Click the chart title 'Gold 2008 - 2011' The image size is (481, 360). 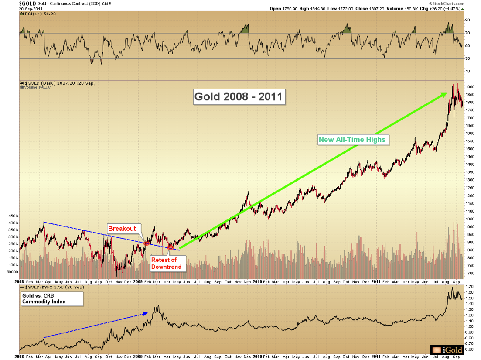click(239, 96)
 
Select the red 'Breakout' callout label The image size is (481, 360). click(122, 228)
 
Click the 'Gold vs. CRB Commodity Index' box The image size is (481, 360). click(51, 298)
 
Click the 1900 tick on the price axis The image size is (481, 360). click(470, 87)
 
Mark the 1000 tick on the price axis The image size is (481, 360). click(470, 227)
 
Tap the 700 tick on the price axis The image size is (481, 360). click(470, 274)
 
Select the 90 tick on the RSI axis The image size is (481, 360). click(467, 20)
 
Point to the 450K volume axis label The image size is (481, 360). click(9, 216)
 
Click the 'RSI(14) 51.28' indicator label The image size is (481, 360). click(37, 14)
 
